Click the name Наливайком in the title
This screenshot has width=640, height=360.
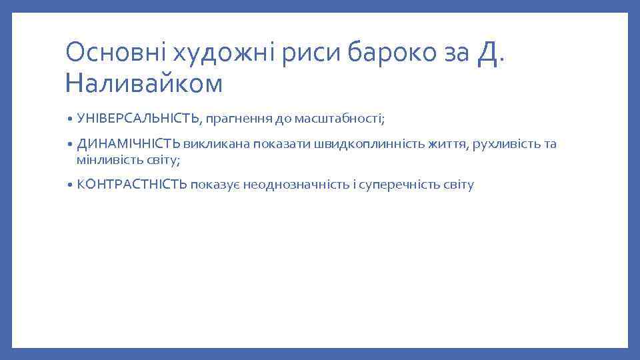[x=144, y=84]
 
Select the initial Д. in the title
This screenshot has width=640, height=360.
[x=492, y=53]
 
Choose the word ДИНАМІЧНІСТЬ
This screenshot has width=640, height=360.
[x=128, y=144]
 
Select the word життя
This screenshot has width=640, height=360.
[x=449, y=144]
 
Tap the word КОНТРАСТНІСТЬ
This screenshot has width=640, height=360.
[x=132, y=185]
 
